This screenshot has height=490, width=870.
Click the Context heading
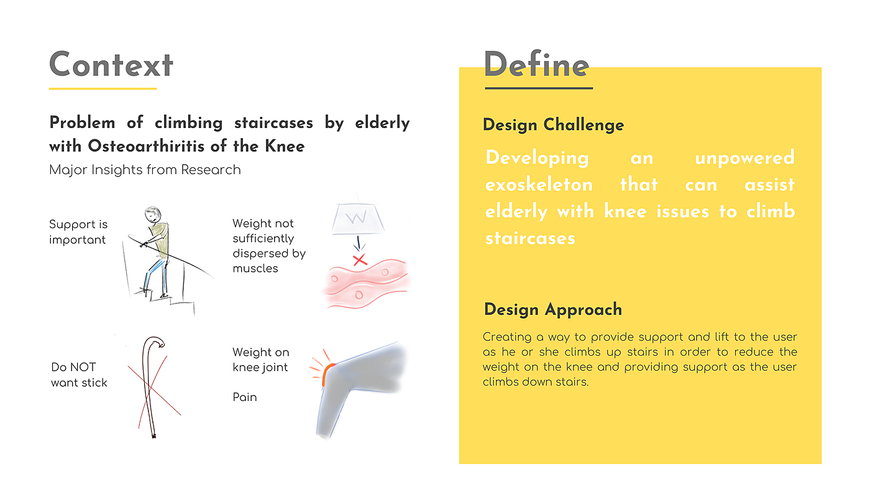point(111,65)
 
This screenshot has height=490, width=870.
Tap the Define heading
point(536,65)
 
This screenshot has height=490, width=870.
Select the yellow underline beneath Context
point(103,88)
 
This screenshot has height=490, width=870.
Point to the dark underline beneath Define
point(539,88)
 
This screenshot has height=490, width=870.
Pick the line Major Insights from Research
point(145,170)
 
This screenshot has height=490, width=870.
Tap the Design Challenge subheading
point(554,125)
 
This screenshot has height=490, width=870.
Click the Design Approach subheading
point(553,310)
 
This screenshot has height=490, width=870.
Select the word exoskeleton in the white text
point(539,185)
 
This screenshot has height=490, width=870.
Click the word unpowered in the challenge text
point(744,158)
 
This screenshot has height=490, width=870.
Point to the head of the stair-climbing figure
point(153,214)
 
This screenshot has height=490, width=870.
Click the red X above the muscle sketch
point(360,260)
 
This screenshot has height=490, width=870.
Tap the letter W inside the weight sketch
point(357,218)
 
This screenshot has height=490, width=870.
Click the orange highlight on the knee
point(327,374)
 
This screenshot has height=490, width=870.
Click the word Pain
point(245,397)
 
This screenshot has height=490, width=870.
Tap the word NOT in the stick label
point(85,367)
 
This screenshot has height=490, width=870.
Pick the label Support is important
point(78,232)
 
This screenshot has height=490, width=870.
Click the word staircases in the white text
point(530,238)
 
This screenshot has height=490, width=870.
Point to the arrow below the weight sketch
point(359,243)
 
